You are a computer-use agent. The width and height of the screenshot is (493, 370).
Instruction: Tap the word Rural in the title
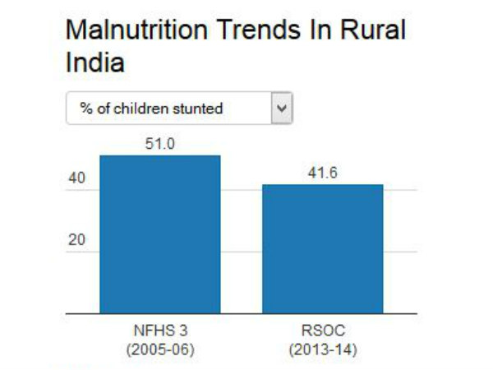point(374,30)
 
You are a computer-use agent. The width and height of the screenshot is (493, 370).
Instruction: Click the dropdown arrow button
point(282,109)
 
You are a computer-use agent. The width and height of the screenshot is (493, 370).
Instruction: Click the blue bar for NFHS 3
point(160,234)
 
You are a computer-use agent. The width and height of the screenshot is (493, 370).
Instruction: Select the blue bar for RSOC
point(323,248)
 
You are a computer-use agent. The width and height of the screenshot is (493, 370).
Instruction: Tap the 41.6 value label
point(323,173)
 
